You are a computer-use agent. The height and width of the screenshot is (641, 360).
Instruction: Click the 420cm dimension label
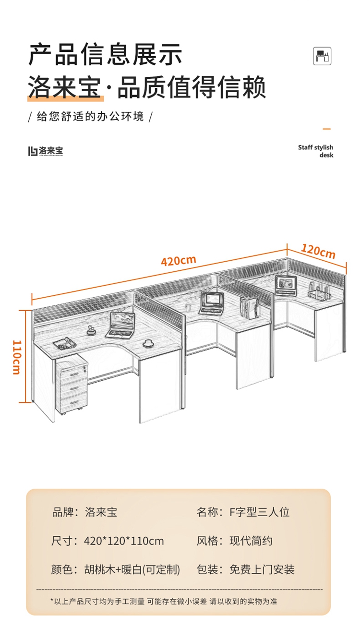tap(178, 261)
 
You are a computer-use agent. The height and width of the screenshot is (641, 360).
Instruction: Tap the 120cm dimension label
tap(318, 251)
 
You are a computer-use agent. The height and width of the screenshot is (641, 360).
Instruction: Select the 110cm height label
tap(16, 357)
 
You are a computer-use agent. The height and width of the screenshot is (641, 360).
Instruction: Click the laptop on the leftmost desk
tap(120, 324)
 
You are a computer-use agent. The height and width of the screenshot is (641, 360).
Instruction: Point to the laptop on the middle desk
tap(212, 302)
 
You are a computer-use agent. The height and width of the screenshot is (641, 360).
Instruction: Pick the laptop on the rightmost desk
tap(286, 284)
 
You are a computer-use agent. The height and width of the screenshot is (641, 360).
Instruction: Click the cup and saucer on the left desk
tap(148, 343)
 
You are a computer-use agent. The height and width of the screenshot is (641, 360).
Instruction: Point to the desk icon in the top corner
tap(322, 56)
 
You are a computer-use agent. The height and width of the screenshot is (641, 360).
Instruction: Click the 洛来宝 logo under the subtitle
tap(45, 151)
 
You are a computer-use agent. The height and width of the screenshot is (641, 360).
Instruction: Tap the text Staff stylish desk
tap(315, 151)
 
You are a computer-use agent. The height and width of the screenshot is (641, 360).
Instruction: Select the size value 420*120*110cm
tap(124, 541)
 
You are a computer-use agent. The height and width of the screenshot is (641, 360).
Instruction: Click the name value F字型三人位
tap(260, 512)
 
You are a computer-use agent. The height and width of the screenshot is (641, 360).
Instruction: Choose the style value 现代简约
tap(251, 541)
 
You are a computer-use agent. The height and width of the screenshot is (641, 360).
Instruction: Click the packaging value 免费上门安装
tap(262, 570)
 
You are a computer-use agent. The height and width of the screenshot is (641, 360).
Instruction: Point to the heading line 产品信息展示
tap(106, 54)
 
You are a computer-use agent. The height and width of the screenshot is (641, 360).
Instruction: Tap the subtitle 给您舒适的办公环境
tap(91, 117)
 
